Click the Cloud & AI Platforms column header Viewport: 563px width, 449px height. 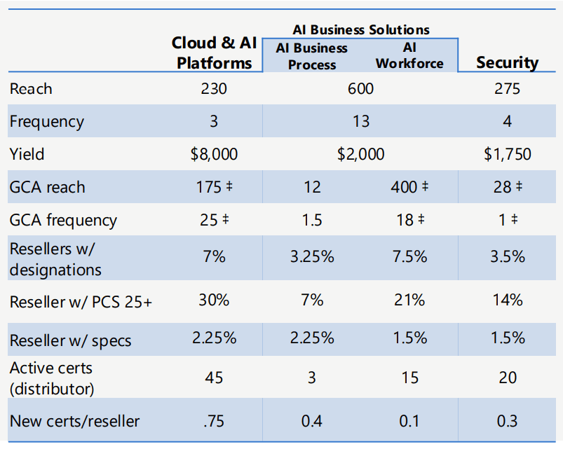tap(214, 53)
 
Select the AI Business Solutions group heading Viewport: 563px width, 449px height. tap(361, 29)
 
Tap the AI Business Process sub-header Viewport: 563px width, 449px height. tap(312, 56)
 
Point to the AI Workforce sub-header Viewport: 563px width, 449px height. tap(409, 55)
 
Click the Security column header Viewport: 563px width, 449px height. tap(508, 62)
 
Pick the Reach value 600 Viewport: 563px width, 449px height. tap(360, 88)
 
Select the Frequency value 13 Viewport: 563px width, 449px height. tap(361, 121)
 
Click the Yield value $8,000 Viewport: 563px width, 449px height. tap(214, 154)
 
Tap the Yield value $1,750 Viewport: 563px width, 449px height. tap(508, 154)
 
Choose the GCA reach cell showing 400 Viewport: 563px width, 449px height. tap(409, 187)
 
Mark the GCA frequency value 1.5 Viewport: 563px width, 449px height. tap(312, 220)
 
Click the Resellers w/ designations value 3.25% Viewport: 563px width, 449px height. tap(312, 257)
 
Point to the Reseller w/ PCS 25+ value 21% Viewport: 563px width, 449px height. tap(409, 300)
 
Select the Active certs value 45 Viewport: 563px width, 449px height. tap(214, 378)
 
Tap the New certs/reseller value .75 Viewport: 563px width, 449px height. tap(214, 421)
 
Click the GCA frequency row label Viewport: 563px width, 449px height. tap(63, 221)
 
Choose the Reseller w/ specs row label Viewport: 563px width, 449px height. tap(70, 340)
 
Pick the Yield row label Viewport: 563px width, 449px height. tap(27, 154)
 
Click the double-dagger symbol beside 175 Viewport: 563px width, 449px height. tap(229, 186)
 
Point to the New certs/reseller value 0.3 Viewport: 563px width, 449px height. tap(508, 421)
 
